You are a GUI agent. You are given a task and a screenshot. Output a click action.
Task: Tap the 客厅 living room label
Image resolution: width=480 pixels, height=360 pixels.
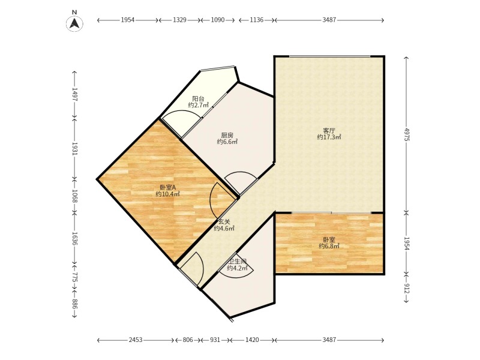329,131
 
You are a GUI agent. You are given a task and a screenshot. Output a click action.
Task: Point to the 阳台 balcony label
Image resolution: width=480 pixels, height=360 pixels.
198,98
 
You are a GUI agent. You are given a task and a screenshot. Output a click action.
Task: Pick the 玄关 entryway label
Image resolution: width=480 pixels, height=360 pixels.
224,222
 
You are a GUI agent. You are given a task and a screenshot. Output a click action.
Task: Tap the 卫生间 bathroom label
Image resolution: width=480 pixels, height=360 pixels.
238,262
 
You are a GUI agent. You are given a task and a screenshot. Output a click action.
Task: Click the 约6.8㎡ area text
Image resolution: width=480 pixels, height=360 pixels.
329,246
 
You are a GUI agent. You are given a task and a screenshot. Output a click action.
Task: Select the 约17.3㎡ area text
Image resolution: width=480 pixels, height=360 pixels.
329,137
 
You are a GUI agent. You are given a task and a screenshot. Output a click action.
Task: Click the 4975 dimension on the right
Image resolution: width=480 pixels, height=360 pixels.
406,134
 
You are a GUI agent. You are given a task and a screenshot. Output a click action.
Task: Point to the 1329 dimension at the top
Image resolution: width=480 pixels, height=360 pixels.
179,20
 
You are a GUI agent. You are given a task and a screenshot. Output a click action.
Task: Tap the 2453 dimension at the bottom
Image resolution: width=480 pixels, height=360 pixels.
136,340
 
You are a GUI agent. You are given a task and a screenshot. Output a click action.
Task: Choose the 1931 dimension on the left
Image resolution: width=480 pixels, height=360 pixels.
74,148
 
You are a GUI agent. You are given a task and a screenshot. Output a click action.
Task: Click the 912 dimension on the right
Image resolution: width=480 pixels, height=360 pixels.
406,288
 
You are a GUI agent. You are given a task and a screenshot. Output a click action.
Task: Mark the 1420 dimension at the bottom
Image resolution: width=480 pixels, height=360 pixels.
252,340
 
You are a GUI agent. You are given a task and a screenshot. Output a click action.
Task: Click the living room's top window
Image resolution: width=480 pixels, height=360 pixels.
329,56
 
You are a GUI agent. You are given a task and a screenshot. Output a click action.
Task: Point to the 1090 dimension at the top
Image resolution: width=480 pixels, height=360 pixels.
218,20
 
